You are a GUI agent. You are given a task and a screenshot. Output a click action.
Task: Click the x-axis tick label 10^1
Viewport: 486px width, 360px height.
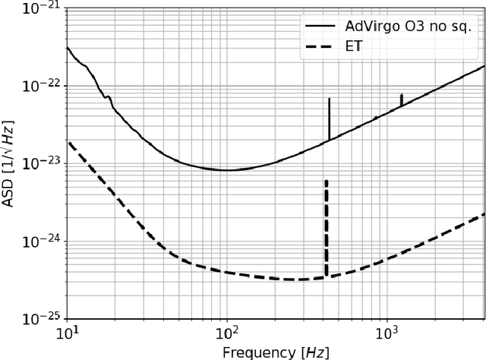click(68, 333)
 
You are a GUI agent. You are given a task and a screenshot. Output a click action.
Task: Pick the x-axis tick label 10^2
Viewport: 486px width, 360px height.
click(227, 333)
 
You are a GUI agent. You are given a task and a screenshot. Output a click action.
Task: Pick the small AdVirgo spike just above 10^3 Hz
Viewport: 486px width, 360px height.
click(401, 98)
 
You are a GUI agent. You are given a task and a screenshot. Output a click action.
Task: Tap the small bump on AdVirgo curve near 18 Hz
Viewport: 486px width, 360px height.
click(109, 97)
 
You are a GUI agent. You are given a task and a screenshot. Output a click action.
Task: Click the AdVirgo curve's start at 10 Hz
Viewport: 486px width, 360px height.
click(68, 48)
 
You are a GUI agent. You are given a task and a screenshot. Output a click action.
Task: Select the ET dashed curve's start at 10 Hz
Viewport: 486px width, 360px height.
click(68, 142)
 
